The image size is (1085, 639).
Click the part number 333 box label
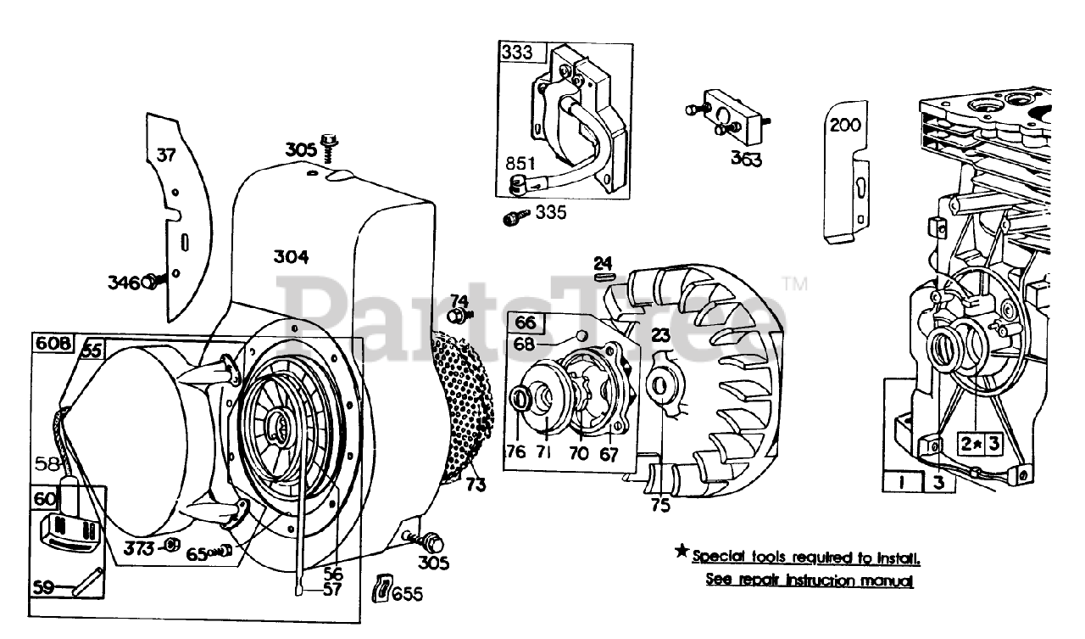(x=517, y=53)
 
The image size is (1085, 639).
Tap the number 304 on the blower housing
(x=291, y=257)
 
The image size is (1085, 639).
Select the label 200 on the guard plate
(x=844, y=126)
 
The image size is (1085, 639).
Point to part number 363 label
(x=747, y=159)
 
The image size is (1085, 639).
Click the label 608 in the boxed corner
(x=53, y=343)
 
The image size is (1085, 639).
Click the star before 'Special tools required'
(x=682, y=552)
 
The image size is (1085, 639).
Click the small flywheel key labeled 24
(x=604, y=275)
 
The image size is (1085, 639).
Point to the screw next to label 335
(x=515, y=218)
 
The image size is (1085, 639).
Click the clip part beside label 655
(x=382, y=587)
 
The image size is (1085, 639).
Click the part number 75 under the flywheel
(x=660, y=505)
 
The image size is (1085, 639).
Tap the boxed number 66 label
(x=525, y=323)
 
